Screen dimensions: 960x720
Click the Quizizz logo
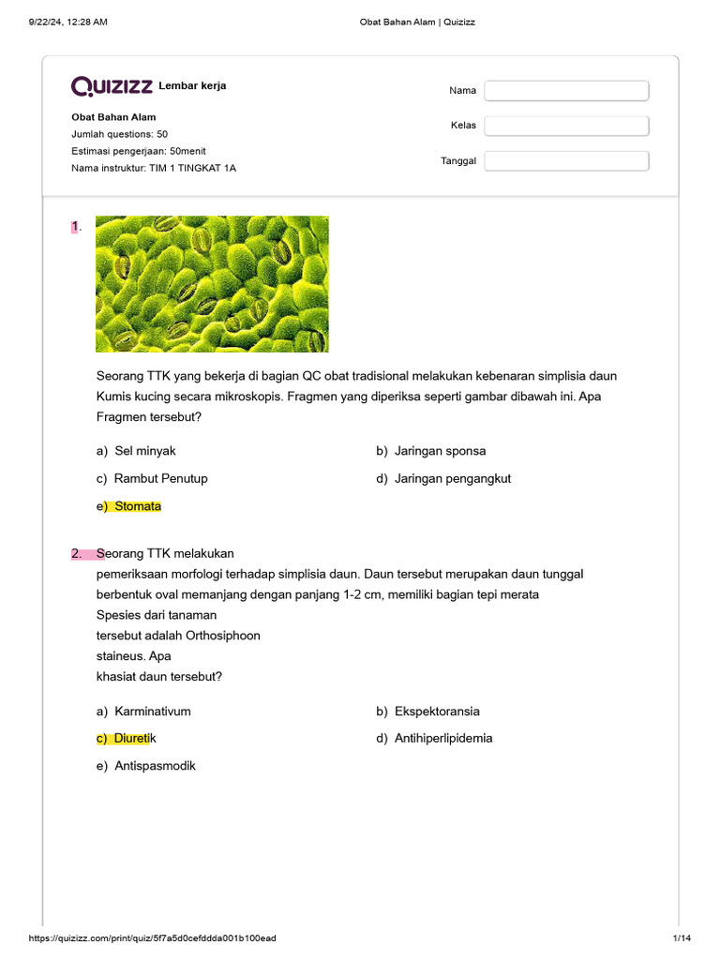112,86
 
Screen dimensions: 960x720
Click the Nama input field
566,91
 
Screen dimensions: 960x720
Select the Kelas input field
566,126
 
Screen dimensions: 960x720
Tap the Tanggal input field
566,161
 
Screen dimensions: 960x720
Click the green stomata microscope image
212,284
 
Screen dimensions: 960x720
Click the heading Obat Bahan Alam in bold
113,117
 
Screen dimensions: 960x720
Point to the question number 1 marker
76,226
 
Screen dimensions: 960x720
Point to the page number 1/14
681,938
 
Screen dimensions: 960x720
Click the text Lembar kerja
192,86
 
